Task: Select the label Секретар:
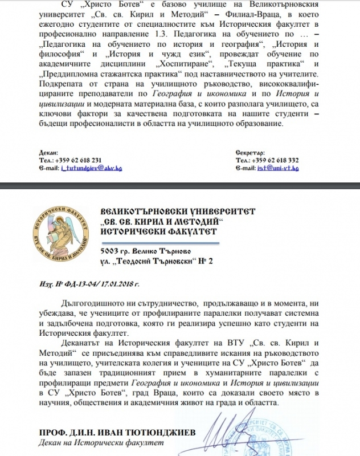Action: [x=249, y=153]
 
